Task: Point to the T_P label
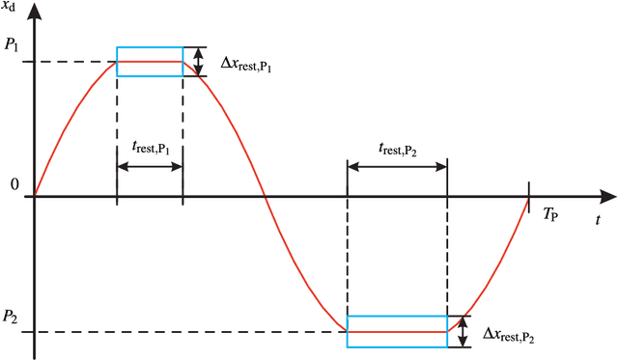pyautogui.click(x=552, y=213)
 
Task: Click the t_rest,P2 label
pyautogui.click(x=398, y=148)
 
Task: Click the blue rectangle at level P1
pyautogui.click(x=150, y=61)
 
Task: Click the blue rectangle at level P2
pyautogui.click(x=397, y=331)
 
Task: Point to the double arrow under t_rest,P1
pyautogui.click(x=150, y=166)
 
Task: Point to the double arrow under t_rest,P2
pyautogui.click(x=397, y=166)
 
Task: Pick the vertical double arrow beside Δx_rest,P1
pyautogui.click(x=199, y=62)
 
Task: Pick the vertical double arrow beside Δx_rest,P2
pyautogui.click(x=464, y=331)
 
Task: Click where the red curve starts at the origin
pyautogui.click(x=35, y=197)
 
